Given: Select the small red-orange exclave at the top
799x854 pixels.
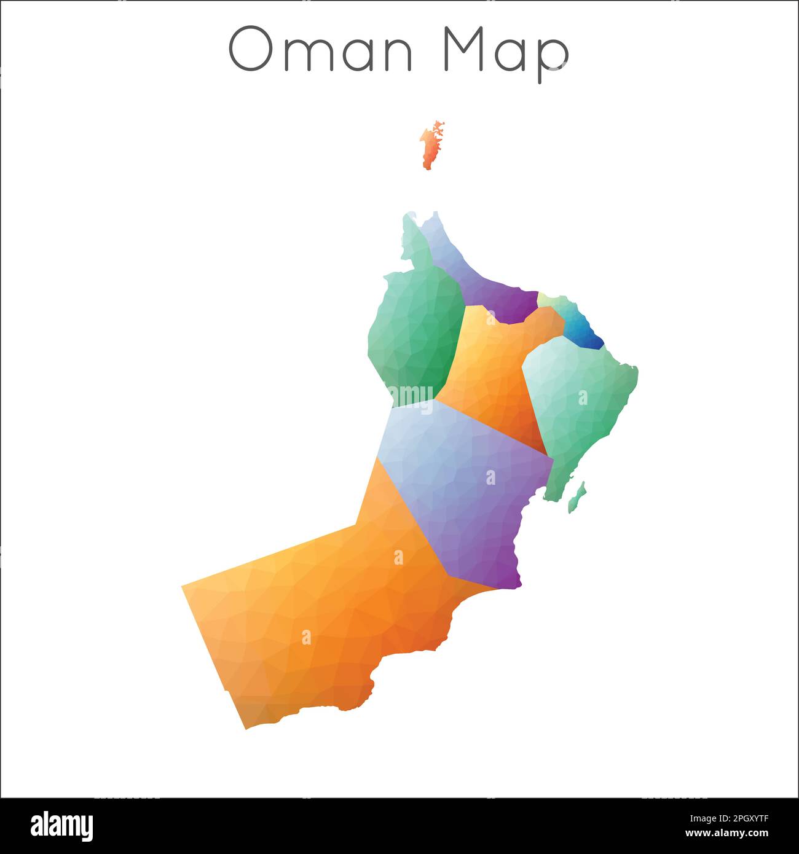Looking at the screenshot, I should (431, 145).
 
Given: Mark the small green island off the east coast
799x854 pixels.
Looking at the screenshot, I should (577, 498).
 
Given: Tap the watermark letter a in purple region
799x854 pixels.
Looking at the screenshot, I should (490, 477).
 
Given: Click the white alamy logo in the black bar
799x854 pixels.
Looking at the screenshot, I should (62, 826).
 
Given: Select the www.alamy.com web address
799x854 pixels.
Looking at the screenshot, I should (727, 834).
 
